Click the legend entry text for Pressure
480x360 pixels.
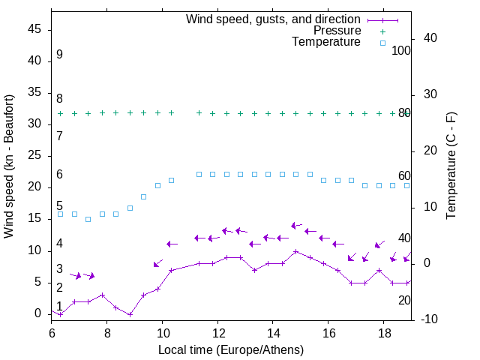pos(337,31)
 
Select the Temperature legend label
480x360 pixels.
pos(326,42)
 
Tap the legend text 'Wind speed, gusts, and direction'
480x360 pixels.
pos(274,19)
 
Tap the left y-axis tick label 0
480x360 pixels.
pos(40,313)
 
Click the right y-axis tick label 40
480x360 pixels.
pos(430,38)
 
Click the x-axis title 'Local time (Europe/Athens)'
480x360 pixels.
pos(231,349)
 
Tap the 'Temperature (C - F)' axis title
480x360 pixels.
pos(451,166)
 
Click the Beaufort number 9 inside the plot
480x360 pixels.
pos(59,55)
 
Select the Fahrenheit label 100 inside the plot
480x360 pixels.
pos(401,50)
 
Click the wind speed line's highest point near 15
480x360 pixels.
pos(295,251)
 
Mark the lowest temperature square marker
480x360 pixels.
pos(88,219)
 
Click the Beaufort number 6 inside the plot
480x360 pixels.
pos(59,175)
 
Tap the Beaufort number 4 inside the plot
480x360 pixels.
pos(59,244)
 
